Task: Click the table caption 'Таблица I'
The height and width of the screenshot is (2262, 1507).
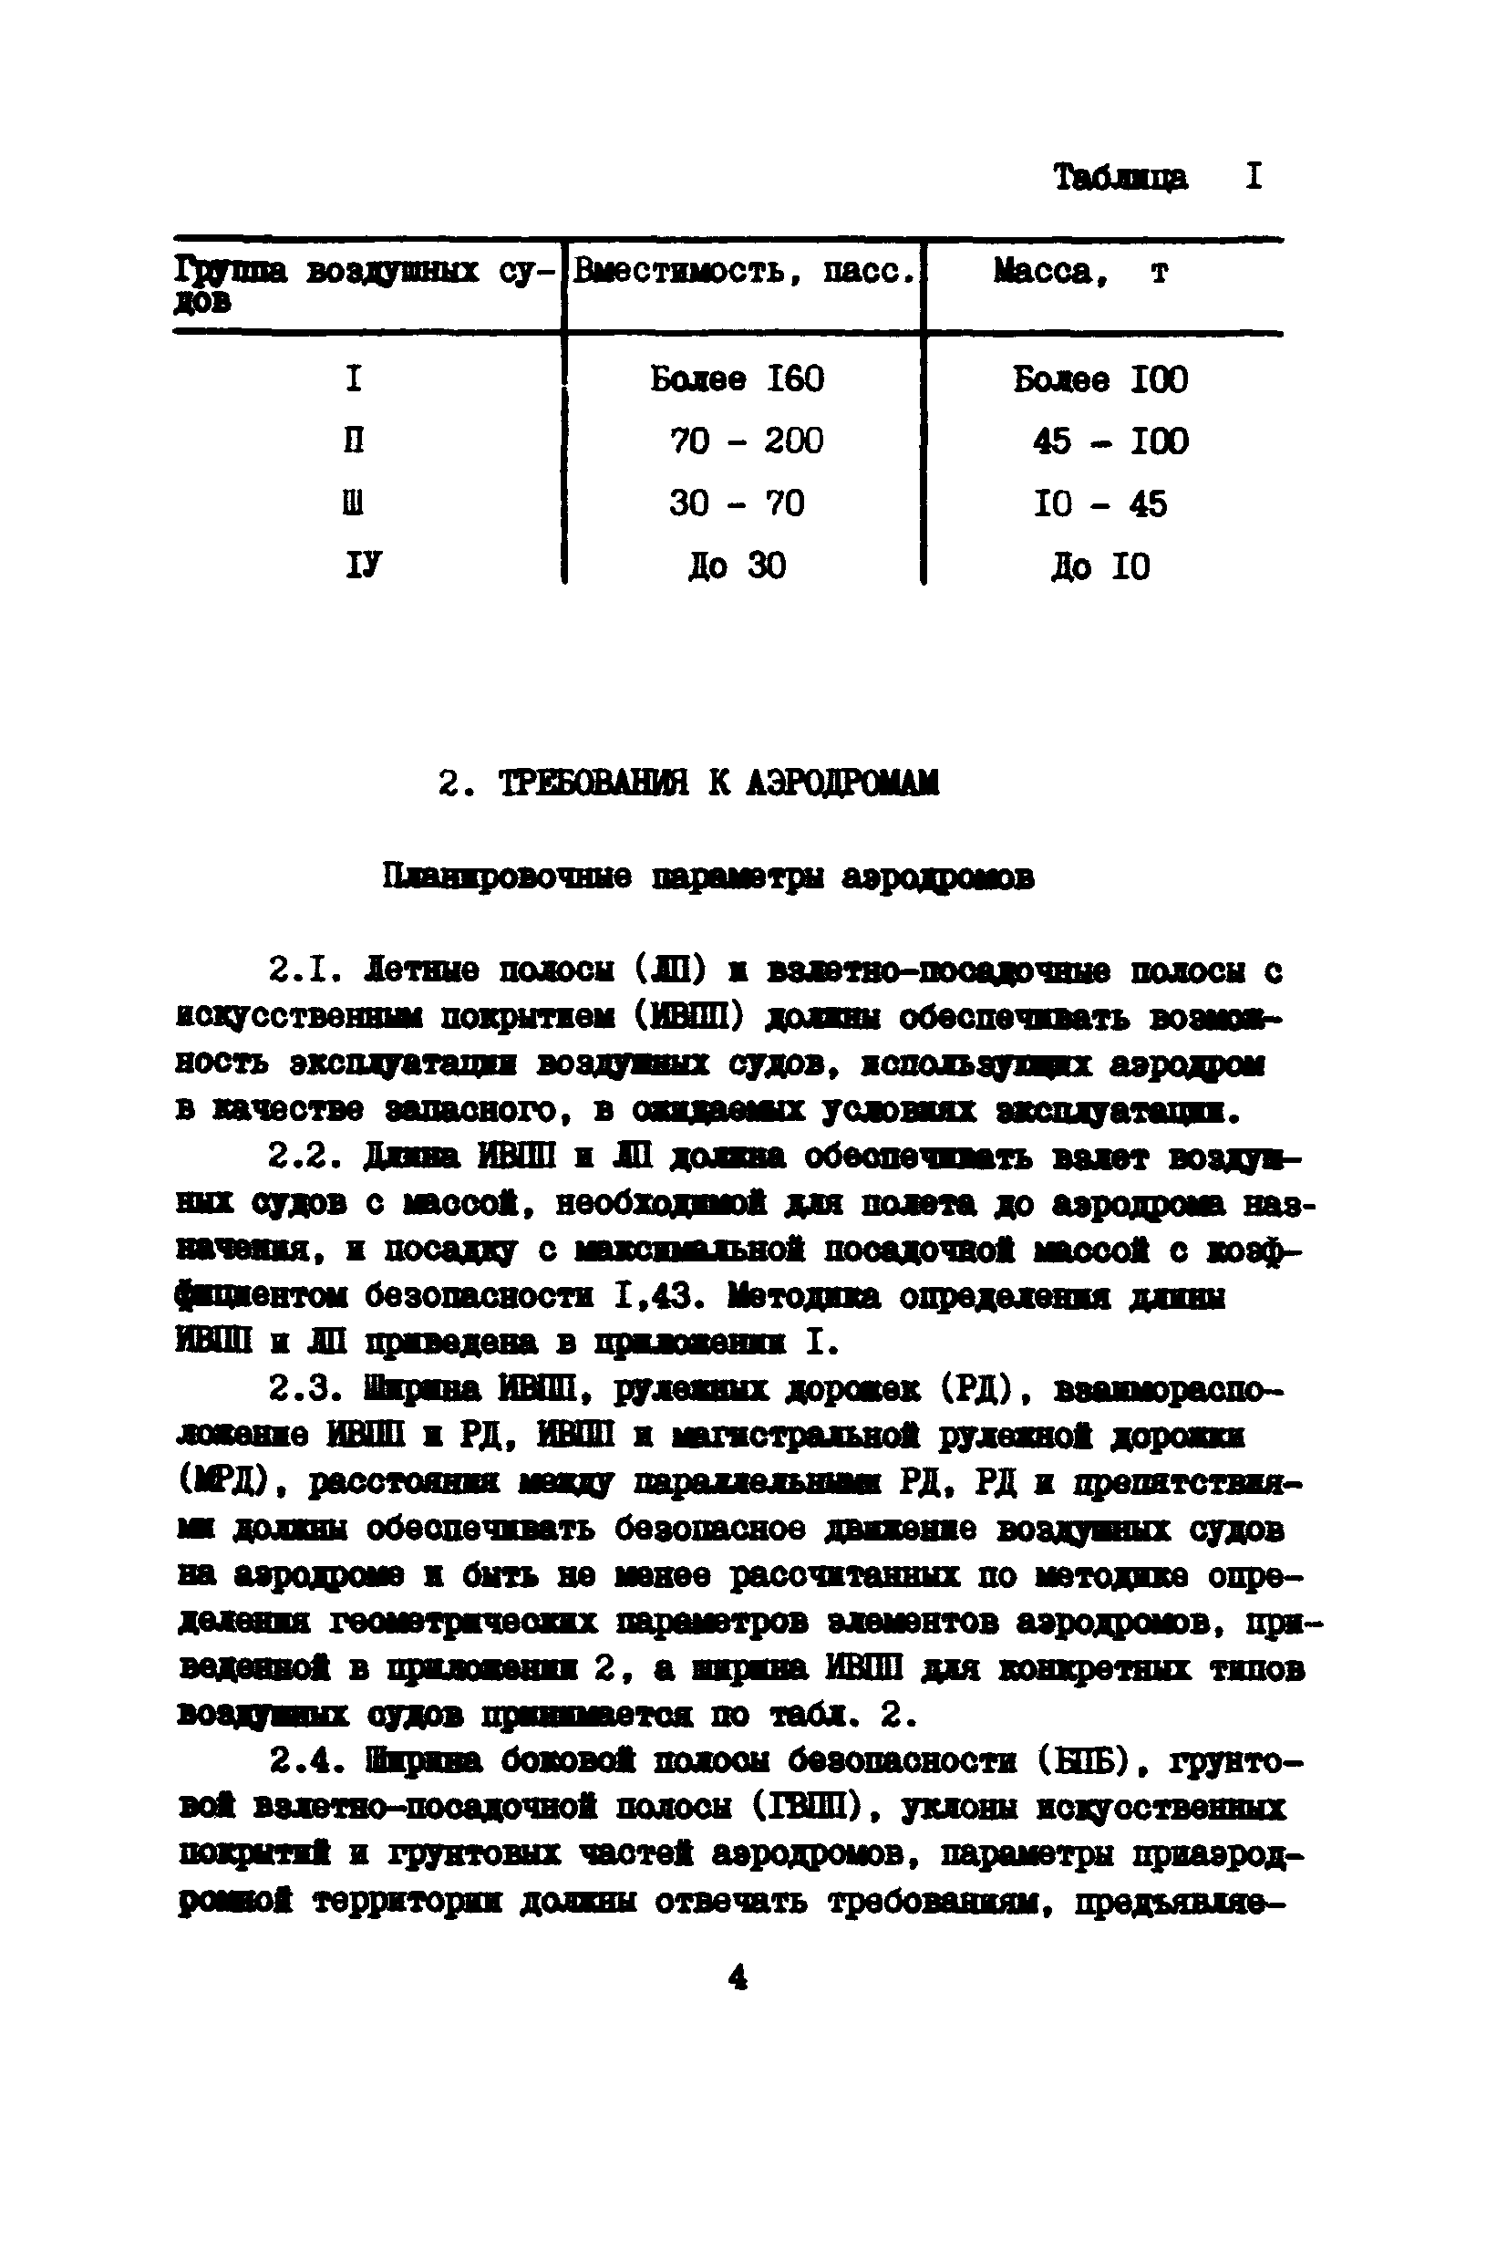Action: pyautogui.click(x=1157, y=177)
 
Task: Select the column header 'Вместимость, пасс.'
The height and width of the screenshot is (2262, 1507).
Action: pyautogui.click(x=742, y=271)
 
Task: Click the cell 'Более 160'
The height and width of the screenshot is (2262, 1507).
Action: pyautogui.click(x=738, y=379)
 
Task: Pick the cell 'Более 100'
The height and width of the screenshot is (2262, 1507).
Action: pyautogui.click(x=1100, y=379)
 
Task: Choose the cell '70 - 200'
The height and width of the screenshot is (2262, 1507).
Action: pyautogui.click(x=746, y=441)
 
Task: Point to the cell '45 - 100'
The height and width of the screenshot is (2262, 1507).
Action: pyautogui.click(x=1110, y=442)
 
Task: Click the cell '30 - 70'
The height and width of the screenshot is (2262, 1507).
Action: pyautogui.click(x=738, y=503)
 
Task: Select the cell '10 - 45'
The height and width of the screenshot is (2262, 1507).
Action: pyautogui.click(x=1100, y=503)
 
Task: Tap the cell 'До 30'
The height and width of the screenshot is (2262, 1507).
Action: pyautogui.click(x=738, y=565)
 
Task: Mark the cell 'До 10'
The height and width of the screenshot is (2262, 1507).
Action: pyautogui.click(x=1100, y=566)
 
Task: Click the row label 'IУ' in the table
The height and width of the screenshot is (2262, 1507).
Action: pyautogui.click(x=363, y=565)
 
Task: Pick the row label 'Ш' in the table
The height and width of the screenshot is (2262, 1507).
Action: pyautogui.click(x=354, y=503)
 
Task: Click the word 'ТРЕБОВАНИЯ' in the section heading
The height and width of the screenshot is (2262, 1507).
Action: pyautogui.click(x=593, y=783)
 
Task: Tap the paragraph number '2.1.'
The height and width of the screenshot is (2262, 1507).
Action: pyautogui.click(x=304, y=971)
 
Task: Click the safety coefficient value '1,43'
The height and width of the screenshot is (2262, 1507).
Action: pyautogui.click(x=653, y=1297)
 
